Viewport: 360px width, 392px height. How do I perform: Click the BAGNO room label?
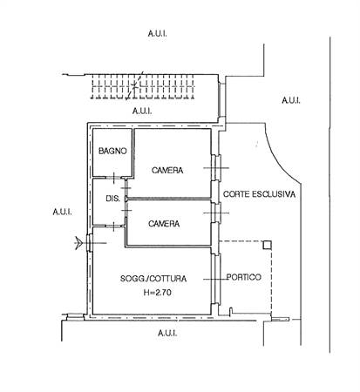pos(112,151)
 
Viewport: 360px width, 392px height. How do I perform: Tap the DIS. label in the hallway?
pos(112,199)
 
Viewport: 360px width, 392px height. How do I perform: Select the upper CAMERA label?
pos(167,170)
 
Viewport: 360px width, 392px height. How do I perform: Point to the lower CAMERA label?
pos(164,224)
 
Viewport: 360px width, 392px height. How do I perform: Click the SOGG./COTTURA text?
pos(153,279)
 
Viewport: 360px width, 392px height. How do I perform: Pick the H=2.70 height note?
pos(158,293)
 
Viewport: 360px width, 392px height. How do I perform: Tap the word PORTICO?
pos(244,277)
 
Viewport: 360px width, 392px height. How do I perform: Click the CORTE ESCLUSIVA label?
pos(259,194)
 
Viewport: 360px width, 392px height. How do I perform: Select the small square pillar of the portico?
pos(267,246)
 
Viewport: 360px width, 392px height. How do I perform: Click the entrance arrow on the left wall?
pos(78,243)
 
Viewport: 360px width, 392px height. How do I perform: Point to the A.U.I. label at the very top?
pos(157,33)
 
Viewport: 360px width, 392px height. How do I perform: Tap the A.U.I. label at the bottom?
pos(167,333)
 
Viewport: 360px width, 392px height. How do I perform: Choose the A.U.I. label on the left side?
pos(62,212)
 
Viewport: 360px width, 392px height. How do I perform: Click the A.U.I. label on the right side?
pos(291,100)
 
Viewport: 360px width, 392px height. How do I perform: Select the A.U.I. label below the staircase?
pos(142,111)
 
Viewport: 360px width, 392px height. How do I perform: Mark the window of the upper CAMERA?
pos(216,168)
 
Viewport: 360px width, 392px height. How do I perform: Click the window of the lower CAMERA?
pos(216,213)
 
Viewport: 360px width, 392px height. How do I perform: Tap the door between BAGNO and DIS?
pos(114,178)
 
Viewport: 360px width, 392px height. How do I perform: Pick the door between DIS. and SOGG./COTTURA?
pos(114,226)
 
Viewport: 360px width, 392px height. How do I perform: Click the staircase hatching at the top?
pos(142,86)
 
